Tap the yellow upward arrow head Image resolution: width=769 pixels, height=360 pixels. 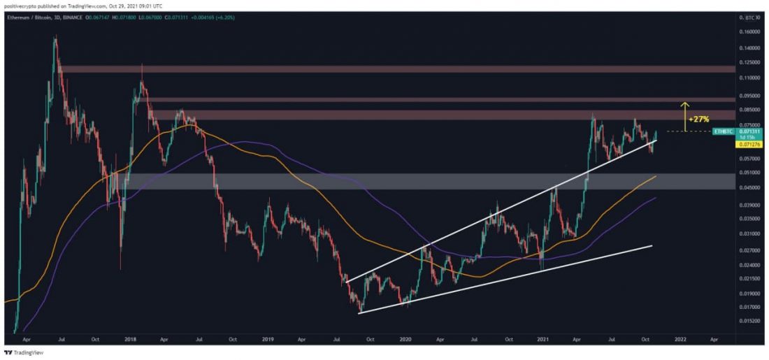685,103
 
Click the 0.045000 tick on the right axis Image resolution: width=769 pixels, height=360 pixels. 753,187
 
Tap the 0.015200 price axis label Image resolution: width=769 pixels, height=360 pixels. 753,321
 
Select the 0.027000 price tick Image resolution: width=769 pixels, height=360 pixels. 753,250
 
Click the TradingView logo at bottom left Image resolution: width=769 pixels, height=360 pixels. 24,353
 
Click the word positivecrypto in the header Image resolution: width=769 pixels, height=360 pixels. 20,6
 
